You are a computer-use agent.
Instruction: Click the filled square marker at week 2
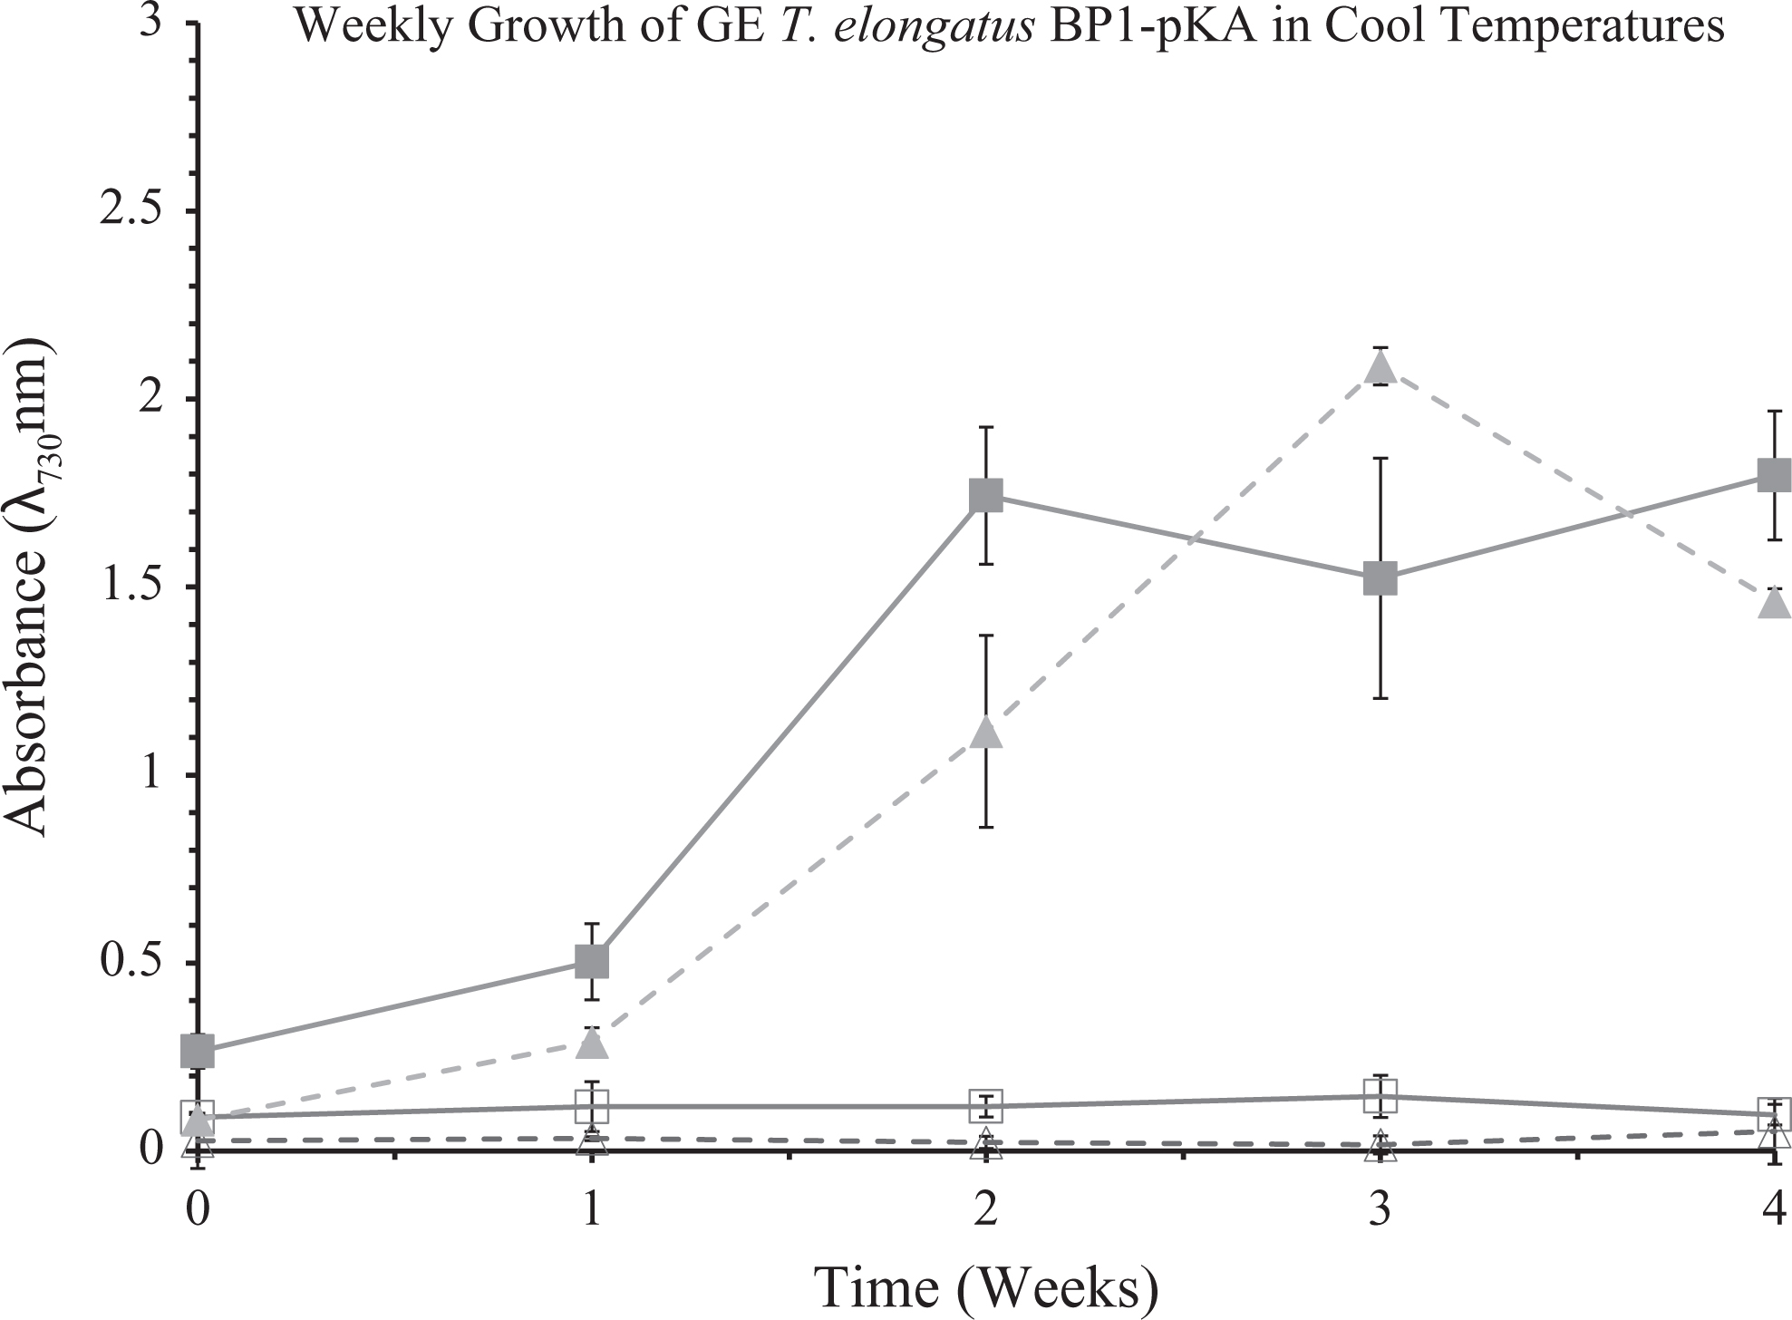pos(986,496)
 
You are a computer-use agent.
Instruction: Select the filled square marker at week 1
pos(592,961)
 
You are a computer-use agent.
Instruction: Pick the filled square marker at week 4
pos(1774,474)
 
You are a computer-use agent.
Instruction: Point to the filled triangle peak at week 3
pos(1380,366)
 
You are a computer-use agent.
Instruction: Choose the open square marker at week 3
pos(1380,1096)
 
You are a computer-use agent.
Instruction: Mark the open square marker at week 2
pos(986,1106)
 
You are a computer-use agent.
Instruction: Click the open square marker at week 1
pos(592,1106)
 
